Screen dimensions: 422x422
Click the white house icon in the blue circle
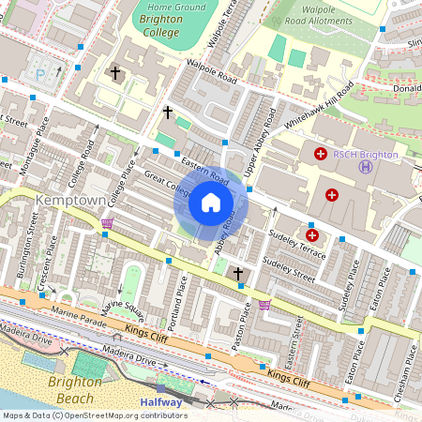click(211, 203)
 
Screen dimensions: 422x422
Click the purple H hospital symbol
click(365, 167)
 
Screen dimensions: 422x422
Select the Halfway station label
click(160, 402)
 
